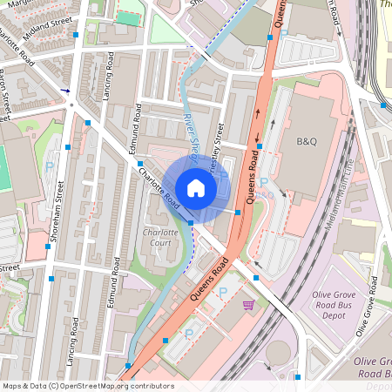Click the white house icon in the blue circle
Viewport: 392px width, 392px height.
196,188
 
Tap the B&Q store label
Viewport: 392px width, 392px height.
308,141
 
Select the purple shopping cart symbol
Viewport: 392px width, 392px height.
249,305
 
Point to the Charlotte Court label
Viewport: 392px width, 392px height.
160,238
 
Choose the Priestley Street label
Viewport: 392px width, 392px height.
221,140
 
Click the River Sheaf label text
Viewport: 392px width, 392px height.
193,132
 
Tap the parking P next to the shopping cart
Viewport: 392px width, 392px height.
223,293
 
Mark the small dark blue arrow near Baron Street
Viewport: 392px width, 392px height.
65,89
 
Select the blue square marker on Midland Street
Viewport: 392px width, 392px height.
78,35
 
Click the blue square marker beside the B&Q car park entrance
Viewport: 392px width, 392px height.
260,147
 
